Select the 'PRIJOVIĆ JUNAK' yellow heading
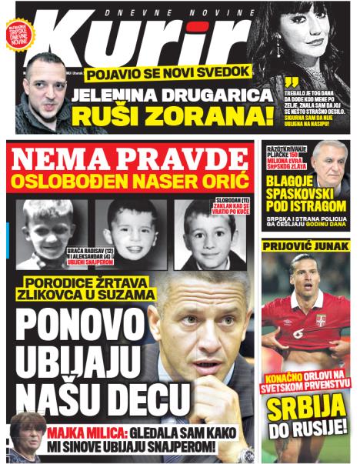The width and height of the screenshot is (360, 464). pyautogui.click(x=306, y=246)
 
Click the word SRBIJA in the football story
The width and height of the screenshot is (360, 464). pyautogui.click(x=306, y=412)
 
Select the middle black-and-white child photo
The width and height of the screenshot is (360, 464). pyautogui.click(x=132, y=231)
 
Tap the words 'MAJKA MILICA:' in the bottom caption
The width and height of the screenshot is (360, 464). pyautogui.click(x=85, y=432)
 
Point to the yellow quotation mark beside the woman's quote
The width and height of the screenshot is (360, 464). pyautogui.click(x=289, y=82)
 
